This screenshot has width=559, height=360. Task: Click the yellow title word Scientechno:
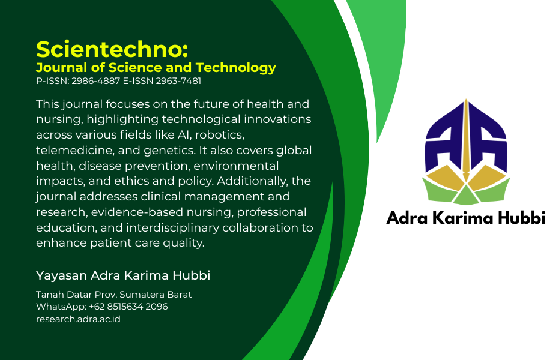pyautogui.click(x=112, y=49)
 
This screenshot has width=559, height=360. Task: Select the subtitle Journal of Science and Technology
pyautogui.click(x=156, y=68)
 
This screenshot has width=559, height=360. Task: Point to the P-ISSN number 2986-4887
pyautogui.click(x=95, y=81)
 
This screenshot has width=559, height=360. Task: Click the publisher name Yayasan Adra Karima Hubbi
pyautogui.click(x=123, y=275)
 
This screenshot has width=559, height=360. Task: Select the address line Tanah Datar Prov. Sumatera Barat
pyautogui.click(x=113, y=295)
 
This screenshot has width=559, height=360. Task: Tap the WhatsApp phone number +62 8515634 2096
pyautogui.click(x=128, y=307)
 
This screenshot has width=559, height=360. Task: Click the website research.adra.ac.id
pyautogui.click(x=78, y=319)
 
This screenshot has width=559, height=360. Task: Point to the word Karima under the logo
pyautogui.click(x=462, y=218)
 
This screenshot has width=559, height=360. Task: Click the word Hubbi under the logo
pyautogui.click(x=522, y=218)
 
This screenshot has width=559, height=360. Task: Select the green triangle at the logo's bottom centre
pyautogui.click(x=466, y=197)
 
